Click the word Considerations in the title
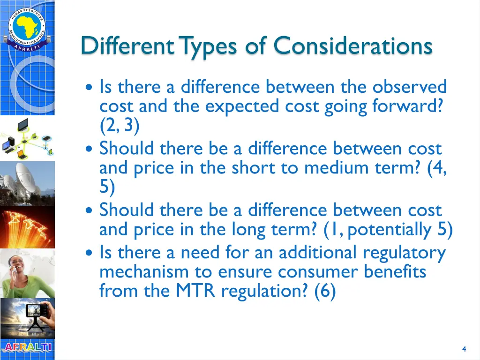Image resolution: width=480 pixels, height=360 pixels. (x=352, y=46)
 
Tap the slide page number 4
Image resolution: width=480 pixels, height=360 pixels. (x=464, y=349)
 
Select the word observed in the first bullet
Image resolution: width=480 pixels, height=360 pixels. (x=410, y=87)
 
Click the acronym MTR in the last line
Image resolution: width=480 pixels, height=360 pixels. (x=196, y=291)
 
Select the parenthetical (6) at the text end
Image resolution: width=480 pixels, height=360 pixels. (x=325, y=292)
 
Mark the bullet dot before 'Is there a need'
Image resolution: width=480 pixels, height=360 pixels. (x=90, y=253)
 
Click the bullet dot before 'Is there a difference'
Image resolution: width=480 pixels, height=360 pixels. (x=90, y=88)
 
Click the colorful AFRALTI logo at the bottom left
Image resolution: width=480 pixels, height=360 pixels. (x=27, y=348)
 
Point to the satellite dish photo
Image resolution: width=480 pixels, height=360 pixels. (x=27, y=181)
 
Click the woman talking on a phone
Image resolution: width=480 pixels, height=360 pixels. (x=27, y=274)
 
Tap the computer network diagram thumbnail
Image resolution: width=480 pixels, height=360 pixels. (x=27, y=138)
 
